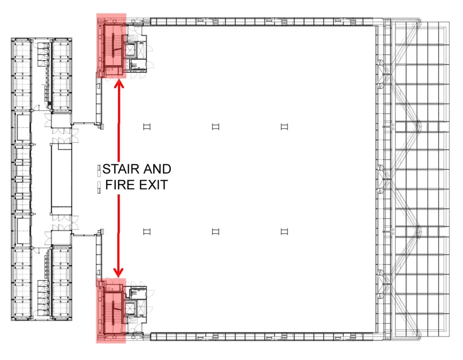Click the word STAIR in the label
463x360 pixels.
coord(121,169)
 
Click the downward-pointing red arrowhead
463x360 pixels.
coord(119,273)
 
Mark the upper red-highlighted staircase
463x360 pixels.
coord(113,46)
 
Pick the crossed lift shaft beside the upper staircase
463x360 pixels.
coord(130,51)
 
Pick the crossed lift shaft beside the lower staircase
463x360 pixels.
coord(130,308)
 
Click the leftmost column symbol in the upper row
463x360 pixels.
coord(147,127)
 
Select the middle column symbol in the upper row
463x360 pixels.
coord(216,127)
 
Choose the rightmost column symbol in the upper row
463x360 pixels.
coord(284,127)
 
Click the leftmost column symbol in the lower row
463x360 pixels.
coord(147,232)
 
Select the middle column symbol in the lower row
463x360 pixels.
coord(216,232)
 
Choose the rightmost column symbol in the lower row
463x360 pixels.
coord(284,232)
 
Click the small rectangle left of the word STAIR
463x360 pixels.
coord(99,171)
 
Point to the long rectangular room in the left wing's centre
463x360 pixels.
coord(61,179)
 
